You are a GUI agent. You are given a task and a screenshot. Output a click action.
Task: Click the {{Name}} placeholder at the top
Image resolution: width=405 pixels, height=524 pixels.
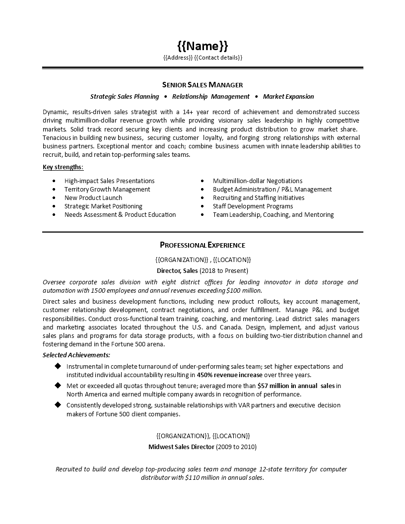coord(202,46)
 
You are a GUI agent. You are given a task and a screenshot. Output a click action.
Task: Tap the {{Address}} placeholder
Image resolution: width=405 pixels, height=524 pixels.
coord(178,58)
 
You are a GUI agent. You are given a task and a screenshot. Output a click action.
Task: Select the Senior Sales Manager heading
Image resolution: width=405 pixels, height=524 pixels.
coord(202,85)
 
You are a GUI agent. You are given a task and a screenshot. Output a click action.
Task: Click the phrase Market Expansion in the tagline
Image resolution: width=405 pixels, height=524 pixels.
coord(288,97)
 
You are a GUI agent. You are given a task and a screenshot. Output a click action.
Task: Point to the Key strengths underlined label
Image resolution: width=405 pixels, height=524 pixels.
coord(63,168)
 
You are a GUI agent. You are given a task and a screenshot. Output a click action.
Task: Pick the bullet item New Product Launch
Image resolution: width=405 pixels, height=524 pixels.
coord(93,198)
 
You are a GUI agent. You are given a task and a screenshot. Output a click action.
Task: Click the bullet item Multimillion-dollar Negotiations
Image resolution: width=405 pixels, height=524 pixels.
coord(258,181)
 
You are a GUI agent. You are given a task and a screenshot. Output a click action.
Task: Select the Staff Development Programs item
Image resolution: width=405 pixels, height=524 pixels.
coord(253,206)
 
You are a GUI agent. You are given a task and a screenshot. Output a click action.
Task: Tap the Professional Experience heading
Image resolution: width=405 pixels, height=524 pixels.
coord(202,245)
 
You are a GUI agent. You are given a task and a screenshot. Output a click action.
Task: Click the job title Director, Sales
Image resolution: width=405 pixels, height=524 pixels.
coord(177,271)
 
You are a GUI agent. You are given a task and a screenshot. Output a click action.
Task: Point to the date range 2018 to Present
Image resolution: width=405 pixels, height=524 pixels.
coord(224,271)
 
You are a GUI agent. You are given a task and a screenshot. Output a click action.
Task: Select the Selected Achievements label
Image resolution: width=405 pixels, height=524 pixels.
coord(76,355)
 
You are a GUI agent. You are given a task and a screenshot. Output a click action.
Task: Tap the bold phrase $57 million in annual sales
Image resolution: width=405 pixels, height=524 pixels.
coord(296,386)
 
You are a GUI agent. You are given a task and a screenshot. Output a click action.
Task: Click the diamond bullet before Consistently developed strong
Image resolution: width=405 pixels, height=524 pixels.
coord(57,405)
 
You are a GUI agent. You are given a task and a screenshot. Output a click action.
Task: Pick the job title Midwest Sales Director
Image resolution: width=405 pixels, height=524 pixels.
coord(182,447)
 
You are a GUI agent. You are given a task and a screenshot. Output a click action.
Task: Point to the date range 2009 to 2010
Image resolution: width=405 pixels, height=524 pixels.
coord(237,447)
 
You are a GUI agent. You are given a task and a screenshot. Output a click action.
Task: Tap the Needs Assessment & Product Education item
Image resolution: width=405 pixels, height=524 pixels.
coord(120,215)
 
